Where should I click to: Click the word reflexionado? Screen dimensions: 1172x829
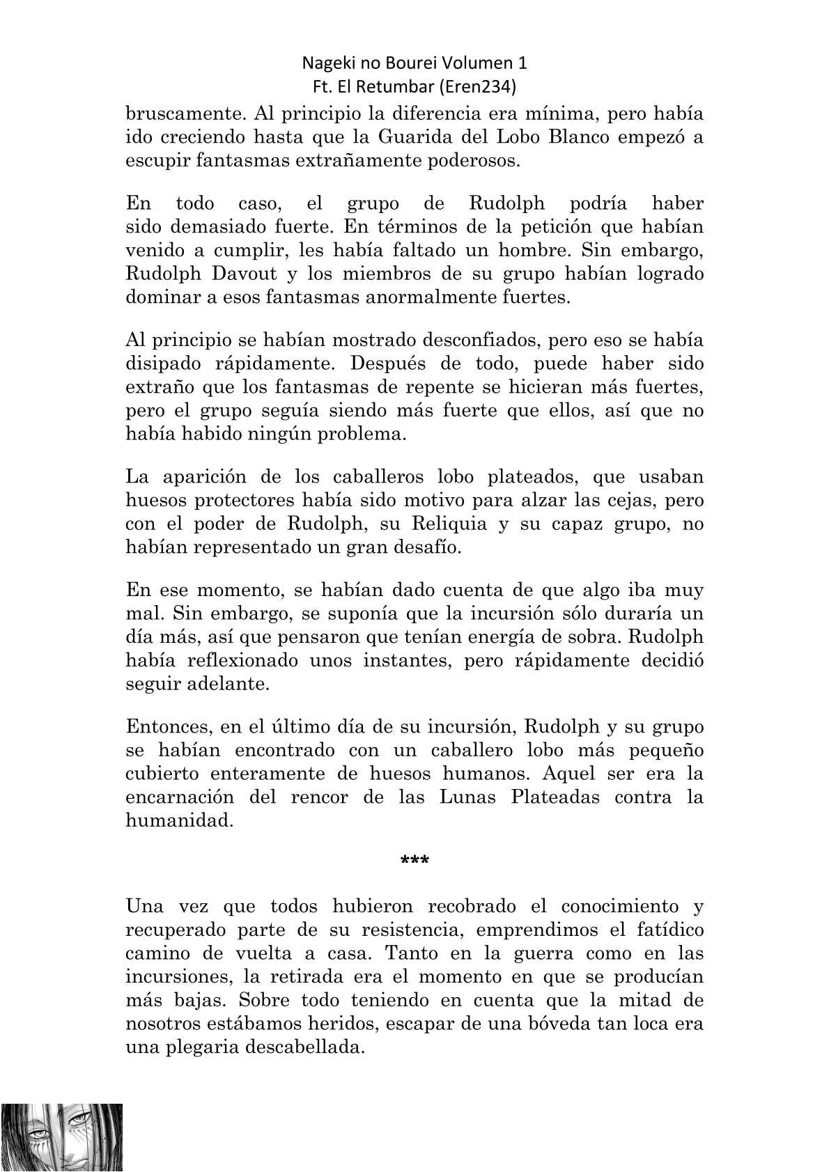[x=238, y=660]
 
